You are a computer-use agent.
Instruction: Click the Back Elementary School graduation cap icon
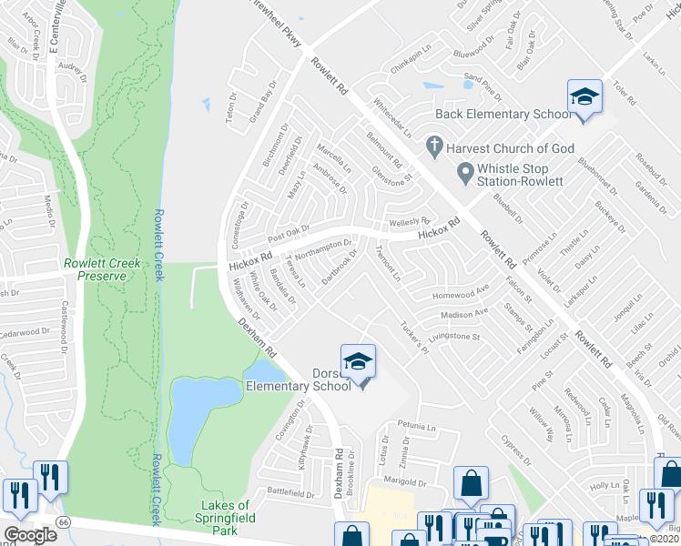[x=584, y=97]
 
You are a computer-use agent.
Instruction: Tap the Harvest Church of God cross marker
[x=434, y=147]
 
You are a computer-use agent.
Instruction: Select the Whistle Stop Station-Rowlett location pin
[x=465, y=171]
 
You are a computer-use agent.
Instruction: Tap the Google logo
[x=30, y=535]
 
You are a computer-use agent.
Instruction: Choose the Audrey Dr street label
[x=69, y=66]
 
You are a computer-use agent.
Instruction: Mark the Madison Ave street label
[x=465, y=313]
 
